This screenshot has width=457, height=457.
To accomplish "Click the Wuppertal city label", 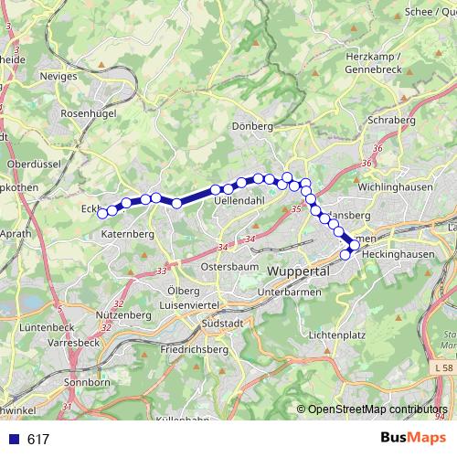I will (x=298, y=273).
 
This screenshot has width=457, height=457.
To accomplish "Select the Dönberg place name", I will (x=253, y=126).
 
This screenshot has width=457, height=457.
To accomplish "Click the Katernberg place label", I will (x=128, y=234).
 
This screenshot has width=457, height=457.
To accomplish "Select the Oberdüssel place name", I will (x=33, y=163).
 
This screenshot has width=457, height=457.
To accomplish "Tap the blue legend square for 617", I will (x=10, y=440).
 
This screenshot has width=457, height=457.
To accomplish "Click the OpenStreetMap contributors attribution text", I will (x=377, y=409).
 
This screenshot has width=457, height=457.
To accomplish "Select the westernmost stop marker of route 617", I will (x=102, y=213).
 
